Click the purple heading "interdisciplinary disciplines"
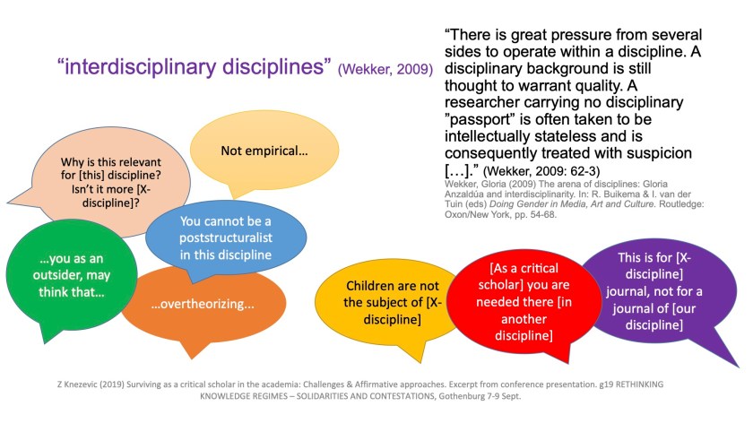[194, 66]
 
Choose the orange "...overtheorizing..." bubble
[203, 304]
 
